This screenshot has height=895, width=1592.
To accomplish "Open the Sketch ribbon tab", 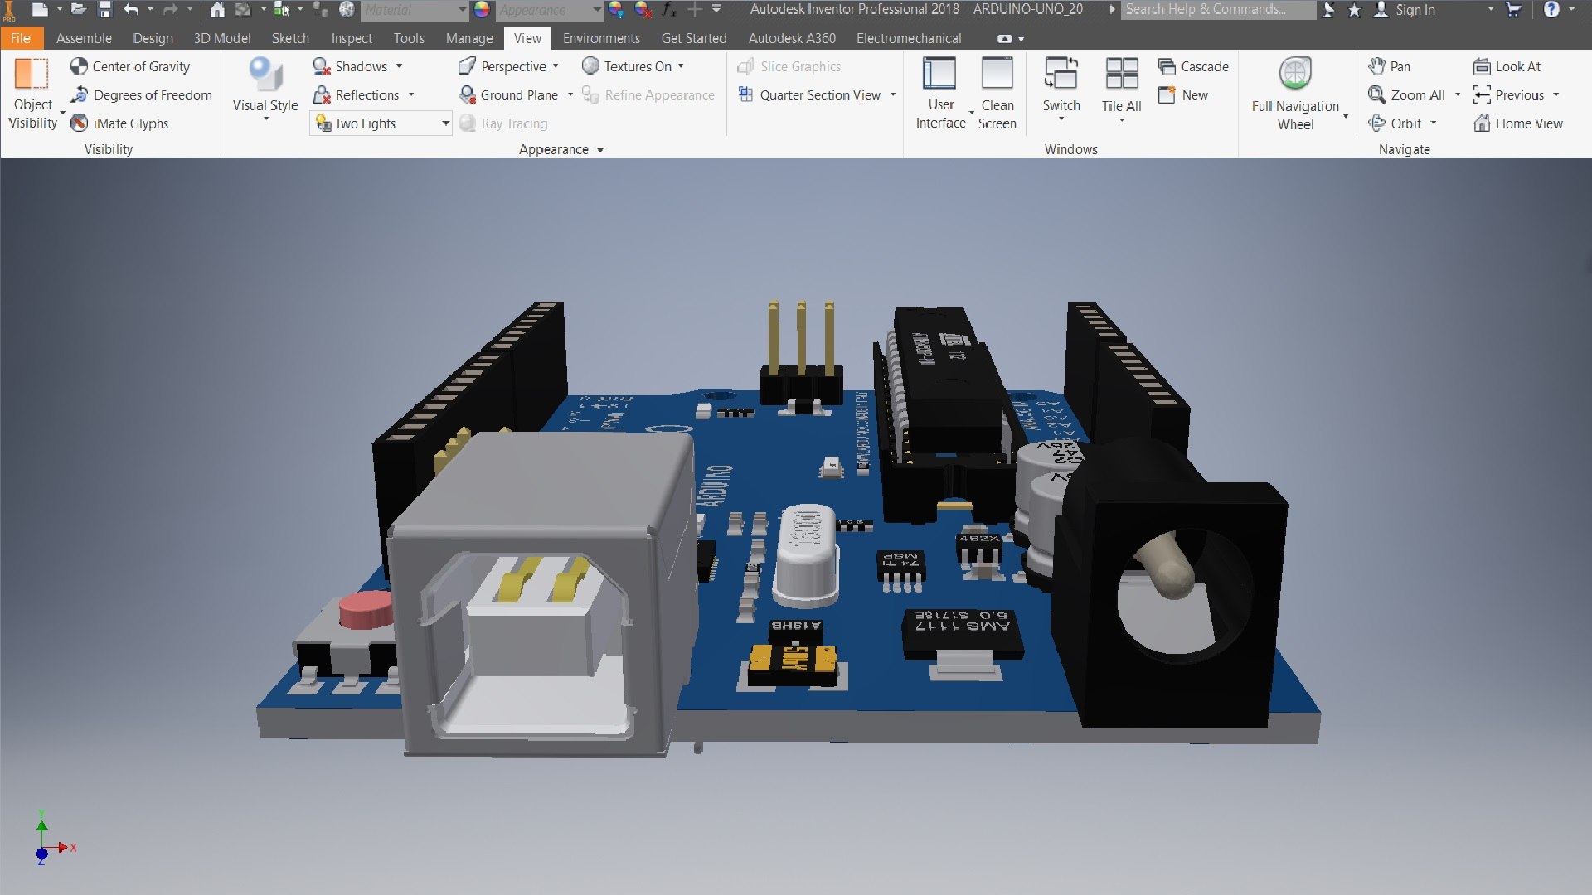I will (x=290, y=38).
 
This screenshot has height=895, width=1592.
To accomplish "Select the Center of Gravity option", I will (x=130, y=66).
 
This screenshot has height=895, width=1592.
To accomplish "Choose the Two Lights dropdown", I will (x=381, y=123).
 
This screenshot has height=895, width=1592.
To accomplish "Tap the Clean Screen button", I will (x=997, y=91).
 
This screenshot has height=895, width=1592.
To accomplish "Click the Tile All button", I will (x=1121, y=87).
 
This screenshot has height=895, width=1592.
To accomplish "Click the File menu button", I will (x=21, y=38).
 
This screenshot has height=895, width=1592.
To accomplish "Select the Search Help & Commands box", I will (x=1216, y=10).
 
